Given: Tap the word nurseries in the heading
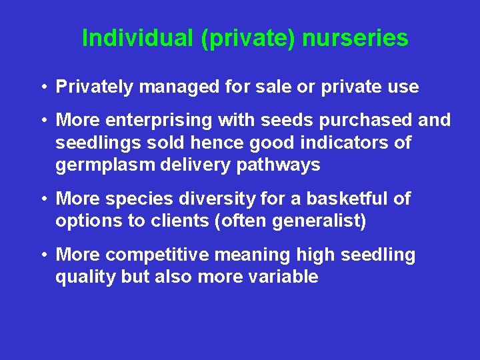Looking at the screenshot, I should tap(355, 38).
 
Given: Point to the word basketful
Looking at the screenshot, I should tap(349, 199).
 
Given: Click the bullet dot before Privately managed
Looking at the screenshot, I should tap(42, 87).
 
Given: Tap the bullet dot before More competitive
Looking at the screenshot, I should tap(42, 255).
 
